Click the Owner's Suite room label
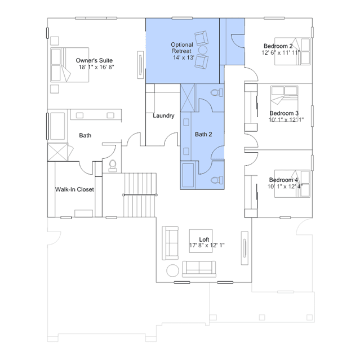tap(94, 61)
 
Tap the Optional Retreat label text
tap(182, 48)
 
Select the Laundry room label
tap(163, 115)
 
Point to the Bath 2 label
tap(203, 134)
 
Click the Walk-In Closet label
tap(74, 189)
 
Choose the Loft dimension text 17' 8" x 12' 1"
tap(207, 245)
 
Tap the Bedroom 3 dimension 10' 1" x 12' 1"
tap(286, 119)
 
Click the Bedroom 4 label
tap(283, 180)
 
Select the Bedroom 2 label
tap(278, 46)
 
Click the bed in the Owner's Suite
tap(69, 65)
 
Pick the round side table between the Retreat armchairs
tap(203, 50)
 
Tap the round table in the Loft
tap(172, 270)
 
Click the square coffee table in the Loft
tap(201, 241)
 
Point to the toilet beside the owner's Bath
tap(113, 166)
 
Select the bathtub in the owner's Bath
tap(57, 126)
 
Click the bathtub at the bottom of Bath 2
tap(188, 175)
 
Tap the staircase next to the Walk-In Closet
tap(140, 195)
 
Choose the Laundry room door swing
tap(171, 139)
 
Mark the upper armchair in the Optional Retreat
tap(202, 38)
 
